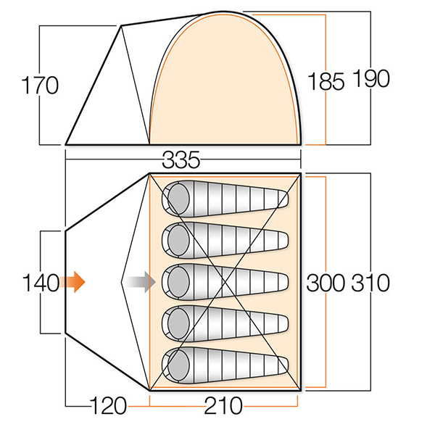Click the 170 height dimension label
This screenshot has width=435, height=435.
click(40, 85)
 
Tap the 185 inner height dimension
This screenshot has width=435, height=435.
click(326, 81)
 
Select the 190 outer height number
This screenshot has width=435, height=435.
click(371, 78)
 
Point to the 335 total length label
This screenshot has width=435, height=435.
click(181, 159)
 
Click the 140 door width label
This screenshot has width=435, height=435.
click(41, 283)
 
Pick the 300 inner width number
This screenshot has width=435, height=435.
click(326, 283)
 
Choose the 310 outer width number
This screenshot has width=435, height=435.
click(370, 283)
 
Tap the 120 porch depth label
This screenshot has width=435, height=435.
click(108, 405)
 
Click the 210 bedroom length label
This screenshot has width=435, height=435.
click(223, 405)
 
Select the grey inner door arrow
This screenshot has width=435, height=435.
click(141, 282)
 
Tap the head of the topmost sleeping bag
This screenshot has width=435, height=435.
click(178, 199)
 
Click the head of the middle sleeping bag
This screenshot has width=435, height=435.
click(178, 282)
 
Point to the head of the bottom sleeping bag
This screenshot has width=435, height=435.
click(178, 365)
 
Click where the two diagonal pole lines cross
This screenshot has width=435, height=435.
click(225, 282)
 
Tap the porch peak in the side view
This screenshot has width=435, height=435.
click(121, 26)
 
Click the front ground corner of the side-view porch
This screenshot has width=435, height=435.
click(65, 144)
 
